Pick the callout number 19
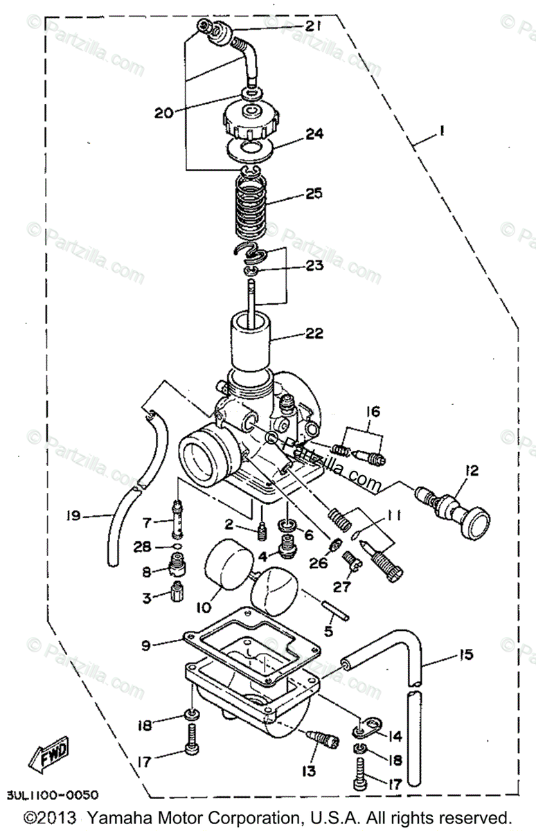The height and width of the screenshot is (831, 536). [74, 516]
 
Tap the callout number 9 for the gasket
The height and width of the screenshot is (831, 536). [145, 645]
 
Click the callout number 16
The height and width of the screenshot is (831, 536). [373, 413]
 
